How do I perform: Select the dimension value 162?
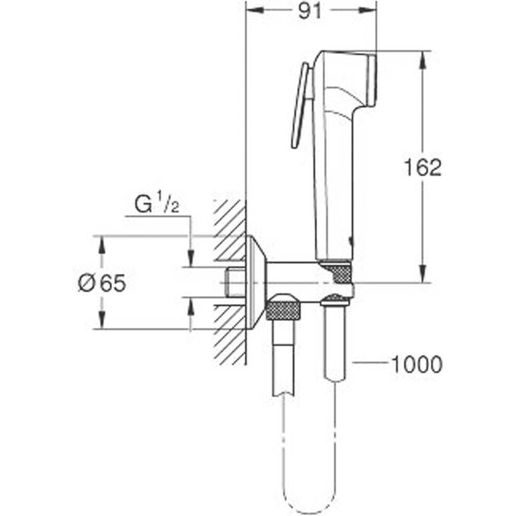423,167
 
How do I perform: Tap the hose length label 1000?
417,364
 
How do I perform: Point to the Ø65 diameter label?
101,284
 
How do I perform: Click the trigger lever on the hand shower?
300,106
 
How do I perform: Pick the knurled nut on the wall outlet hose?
284,310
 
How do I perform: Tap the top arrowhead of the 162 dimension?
421,57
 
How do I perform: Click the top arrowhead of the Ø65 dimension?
101,241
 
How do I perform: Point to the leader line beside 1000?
370,364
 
